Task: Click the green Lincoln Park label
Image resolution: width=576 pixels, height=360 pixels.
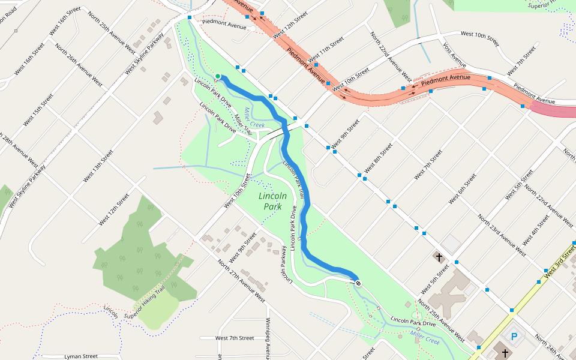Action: [x=272, y=201]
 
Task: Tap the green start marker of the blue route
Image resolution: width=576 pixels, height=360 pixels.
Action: [x=218, y=76]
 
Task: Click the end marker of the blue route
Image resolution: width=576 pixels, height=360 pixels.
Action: [x=358, y=282]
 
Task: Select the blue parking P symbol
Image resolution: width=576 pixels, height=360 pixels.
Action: [x=514, y=336]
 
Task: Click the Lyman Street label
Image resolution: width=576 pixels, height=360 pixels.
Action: [x=80, y=356]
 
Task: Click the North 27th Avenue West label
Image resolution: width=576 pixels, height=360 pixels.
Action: [x=241, y=280]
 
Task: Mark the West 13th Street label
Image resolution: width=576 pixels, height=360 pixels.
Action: [x=98, y=166]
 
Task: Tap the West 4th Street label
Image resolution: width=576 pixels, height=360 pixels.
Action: [x=536, y=231]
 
